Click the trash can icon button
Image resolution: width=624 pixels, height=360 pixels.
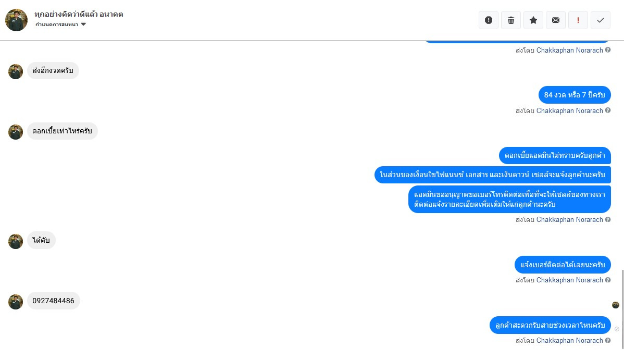[x=511, y=20]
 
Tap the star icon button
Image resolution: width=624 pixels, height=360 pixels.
[x=533, y=20]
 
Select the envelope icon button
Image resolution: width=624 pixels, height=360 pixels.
[x=556, y=20]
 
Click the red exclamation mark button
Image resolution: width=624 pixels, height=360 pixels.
[x=578, y=20]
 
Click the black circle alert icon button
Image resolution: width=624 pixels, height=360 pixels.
[x=489, y=20]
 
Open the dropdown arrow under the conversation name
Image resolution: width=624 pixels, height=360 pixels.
[x=83, y=24]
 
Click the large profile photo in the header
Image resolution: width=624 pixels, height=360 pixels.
[x=16, y=20]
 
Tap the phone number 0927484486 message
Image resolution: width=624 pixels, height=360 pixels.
[x=53, y=301]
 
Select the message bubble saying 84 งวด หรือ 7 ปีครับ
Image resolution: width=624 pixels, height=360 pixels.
[x=574, y=95]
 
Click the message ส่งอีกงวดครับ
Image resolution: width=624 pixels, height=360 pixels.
[x=53, y=70]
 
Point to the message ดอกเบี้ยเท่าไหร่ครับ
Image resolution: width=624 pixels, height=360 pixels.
[x=62, y=131]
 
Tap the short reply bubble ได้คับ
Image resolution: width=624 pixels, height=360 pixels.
[x=41, y=240]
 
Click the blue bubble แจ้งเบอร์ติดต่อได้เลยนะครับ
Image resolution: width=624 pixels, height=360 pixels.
[x=563, y=265]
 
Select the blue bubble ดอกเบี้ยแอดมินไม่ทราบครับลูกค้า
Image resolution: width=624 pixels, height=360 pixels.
[x=555, y=155]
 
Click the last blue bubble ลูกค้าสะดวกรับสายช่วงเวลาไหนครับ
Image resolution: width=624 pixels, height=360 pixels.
[x=550, y=325]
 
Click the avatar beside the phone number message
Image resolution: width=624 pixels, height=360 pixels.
[x=16, y=302]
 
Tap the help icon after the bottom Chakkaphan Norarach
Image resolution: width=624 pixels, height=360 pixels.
[x=608, y=341]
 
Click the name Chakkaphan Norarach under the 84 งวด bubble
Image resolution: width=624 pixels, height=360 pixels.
[x=569, y=110]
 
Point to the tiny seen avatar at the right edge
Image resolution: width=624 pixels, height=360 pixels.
[x=616, y=305]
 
